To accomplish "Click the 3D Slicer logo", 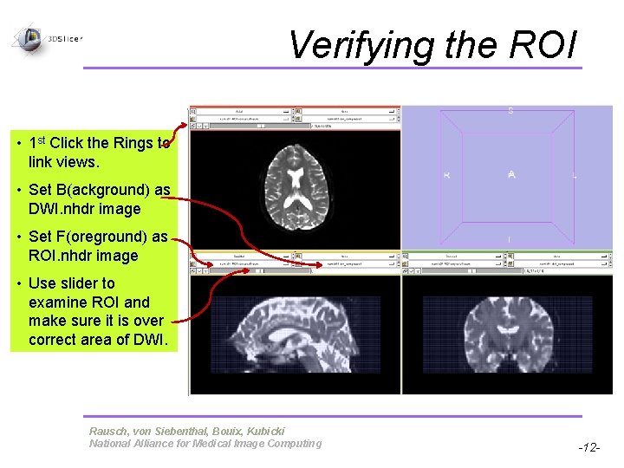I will (x=30, y=37).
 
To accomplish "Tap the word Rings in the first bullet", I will (x=133, y=143).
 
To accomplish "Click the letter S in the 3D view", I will (x=510, y=111).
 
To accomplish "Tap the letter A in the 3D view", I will (x=511, y=175).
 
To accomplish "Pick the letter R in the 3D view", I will (x=446, y=175).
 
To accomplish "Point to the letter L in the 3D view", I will (x=574, y=175).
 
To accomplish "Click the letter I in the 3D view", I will (x=510, y=239).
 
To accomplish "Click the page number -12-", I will (x=588, y=448).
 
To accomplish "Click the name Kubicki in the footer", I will (x=262, y=431).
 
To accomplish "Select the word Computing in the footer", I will (x=294, y=444).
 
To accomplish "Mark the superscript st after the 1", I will (x=42, y=139).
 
